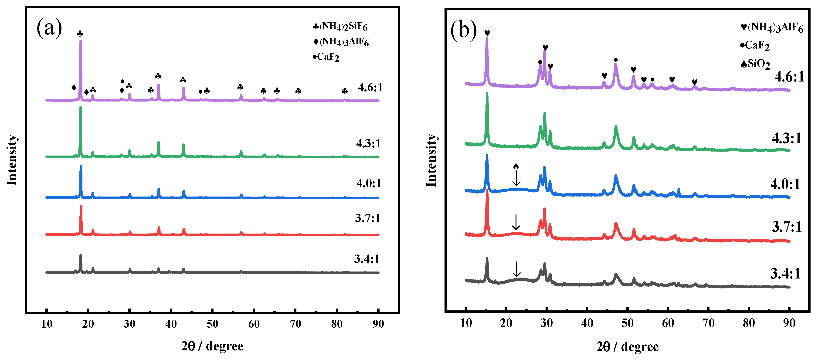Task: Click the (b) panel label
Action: point(463,30)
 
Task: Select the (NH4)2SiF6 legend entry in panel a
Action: point(340,27)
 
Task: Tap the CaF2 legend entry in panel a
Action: point(326,57)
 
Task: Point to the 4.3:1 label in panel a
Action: point(368,144)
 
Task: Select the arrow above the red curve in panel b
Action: point(516,222)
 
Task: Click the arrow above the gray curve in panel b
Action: point(517,269)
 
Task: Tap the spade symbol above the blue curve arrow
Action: point(516,166)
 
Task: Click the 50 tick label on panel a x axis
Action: point(212,324)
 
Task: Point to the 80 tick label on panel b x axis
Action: point(749,323)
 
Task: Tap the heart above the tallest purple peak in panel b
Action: point(487,33)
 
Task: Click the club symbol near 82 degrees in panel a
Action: point(345,92)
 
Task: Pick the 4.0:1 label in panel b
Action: point(785,184)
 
